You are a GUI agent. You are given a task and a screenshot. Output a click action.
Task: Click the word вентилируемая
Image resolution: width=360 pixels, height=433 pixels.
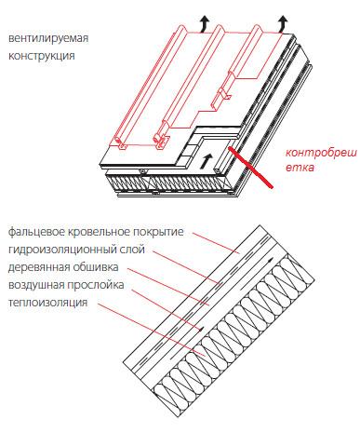[48, 39]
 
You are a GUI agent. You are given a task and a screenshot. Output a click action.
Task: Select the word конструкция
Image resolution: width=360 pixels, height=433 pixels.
[41, 57]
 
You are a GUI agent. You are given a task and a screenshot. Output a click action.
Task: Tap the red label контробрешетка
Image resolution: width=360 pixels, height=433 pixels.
[321, 160]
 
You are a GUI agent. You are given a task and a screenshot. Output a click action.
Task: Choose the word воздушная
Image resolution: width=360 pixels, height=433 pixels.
[35, 285]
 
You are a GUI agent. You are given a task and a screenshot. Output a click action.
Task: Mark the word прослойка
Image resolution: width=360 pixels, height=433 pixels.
[95, 285]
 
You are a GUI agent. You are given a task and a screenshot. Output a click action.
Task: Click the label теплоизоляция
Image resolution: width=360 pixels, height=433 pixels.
[47, 303]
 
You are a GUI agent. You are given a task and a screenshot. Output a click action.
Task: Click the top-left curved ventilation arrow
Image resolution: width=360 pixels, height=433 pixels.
[204, 24]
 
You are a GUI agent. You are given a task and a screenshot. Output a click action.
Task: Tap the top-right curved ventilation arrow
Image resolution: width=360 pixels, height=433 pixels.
[282, 24]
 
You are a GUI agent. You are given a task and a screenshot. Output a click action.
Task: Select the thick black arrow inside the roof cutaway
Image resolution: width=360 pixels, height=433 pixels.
[204, 161]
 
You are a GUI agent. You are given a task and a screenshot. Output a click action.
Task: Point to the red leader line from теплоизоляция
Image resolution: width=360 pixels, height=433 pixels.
[151, 330]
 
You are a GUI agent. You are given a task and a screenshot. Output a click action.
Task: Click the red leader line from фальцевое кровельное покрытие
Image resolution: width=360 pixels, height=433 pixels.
[216, 243]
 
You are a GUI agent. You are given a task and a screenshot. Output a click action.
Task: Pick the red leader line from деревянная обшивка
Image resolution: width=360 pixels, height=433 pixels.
[168, 287]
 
